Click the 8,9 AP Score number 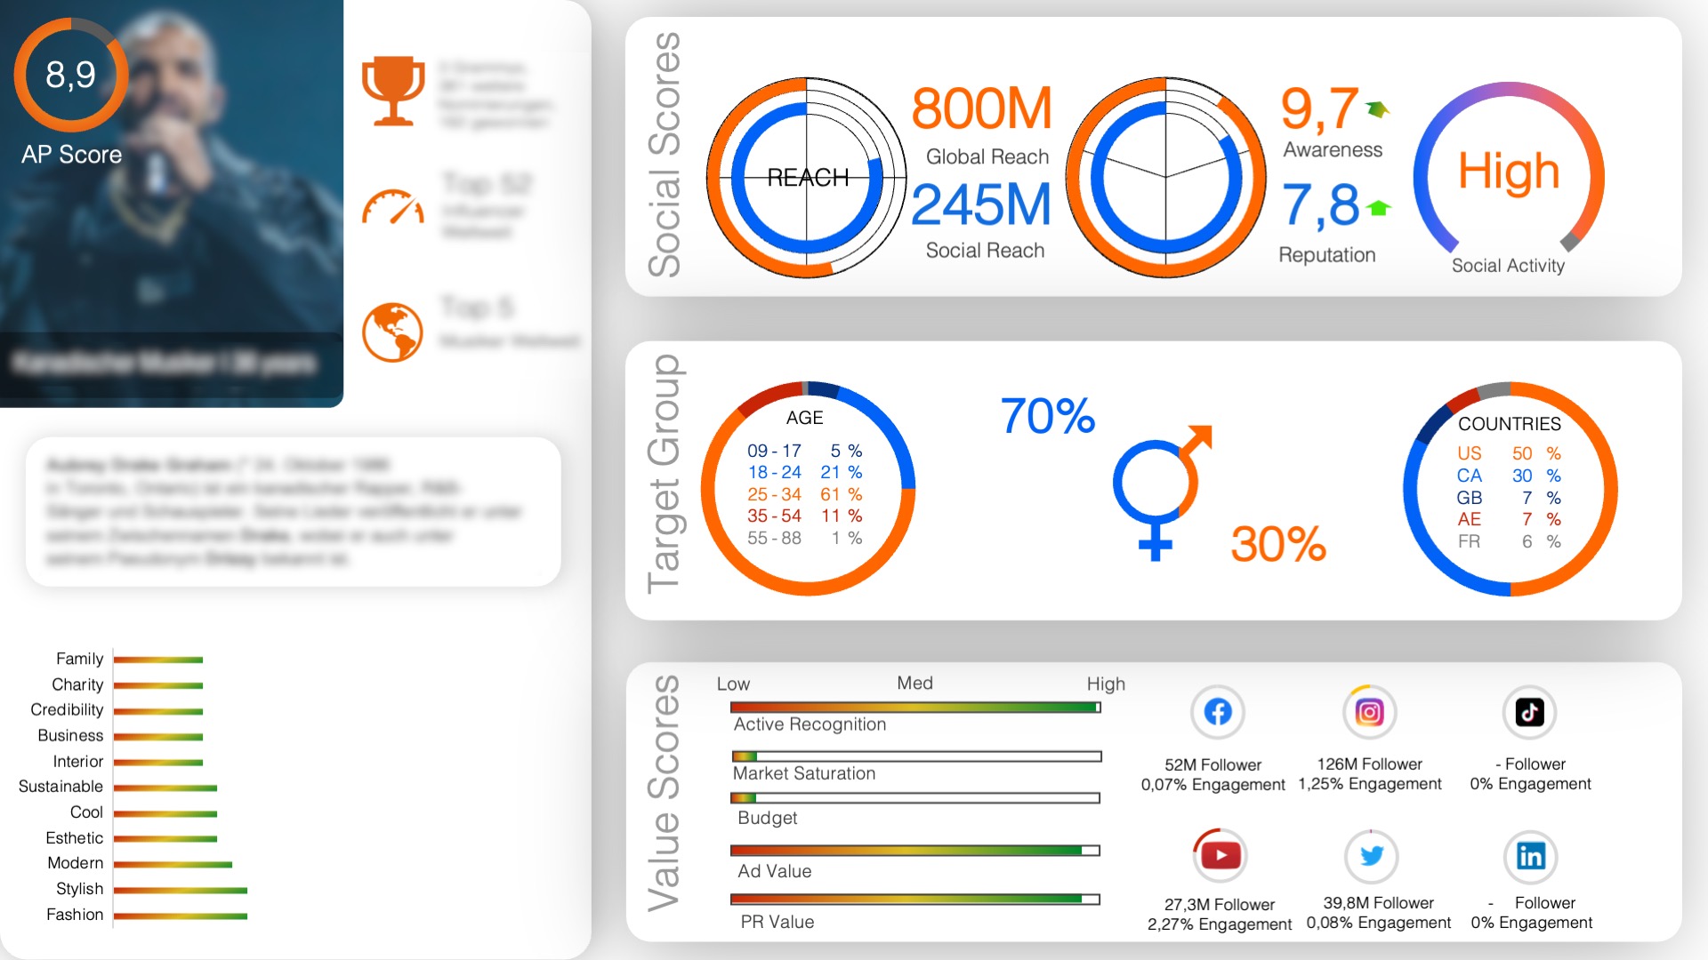tap(71, 76)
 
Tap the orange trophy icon tap(392, 90)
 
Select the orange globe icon tap(392, 332)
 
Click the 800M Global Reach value tap(981, 109)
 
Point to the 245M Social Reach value tap(981, 205)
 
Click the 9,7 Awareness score tap(1319, 109)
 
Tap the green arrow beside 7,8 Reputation tap(1379, 208)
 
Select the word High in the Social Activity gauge tap(1508, 171)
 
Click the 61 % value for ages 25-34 tap(841, 494)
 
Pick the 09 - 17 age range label tap(774, 451)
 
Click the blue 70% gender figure tap(1047, 416)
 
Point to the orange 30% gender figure tap(1277, 544)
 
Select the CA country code tap(1469, 476)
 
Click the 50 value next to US tap(1522, 453)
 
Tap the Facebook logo tap(1218, 712)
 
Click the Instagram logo tap(1369, 712)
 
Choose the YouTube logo tap(1220, 855)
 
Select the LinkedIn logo tap(1530, 856)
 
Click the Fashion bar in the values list tap(180, 916)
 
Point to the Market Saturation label tap(804, 773)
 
